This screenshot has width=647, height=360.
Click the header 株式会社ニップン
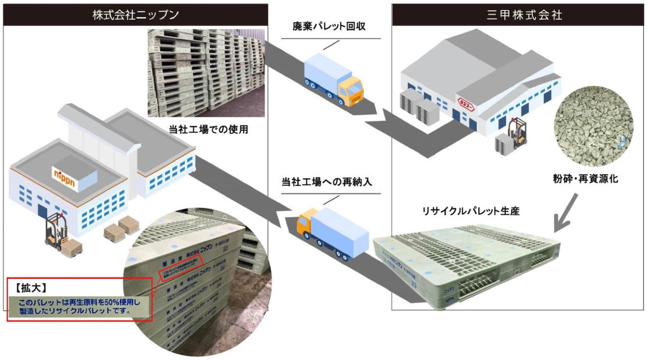136,15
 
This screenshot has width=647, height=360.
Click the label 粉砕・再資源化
594,178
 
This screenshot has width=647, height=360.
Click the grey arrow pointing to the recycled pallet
566,211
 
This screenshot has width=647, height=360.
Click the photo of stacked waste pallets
206,73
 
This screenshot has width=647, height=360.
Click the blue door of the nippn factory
42,211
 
